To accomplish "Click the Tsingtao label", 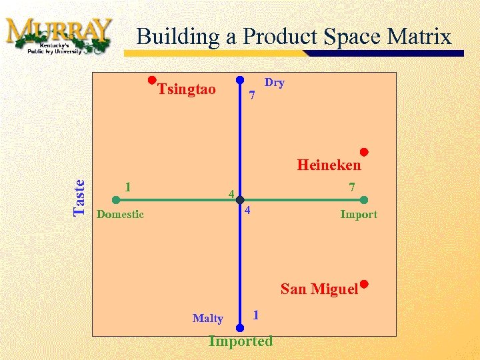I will pos(187,89).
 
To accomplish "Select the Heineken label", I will pos(329,164).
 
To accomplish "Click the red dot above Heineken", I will pos(365,151).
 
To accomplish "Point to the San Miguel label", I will pos(319,289).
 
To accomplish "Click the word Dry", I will pos(275,83).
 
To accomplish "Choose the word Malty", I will pos(207,318).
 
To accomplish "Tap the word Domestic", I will pos(120,214).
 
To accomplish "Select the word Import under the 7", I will pos(358,214).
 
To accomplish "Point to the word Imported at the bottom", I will pos(240,341).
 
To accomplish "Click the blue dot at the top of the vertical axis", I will pos(239,78).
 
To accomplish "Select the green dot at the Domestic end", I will pos(115,199).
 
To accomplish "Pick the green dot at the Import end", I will pos(364,199).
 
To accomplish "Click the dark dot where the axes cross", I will pos(239,199).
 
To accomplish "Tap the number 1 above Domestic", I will pos(127,186).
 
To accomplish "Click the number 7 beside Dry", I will pos(251,96).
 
